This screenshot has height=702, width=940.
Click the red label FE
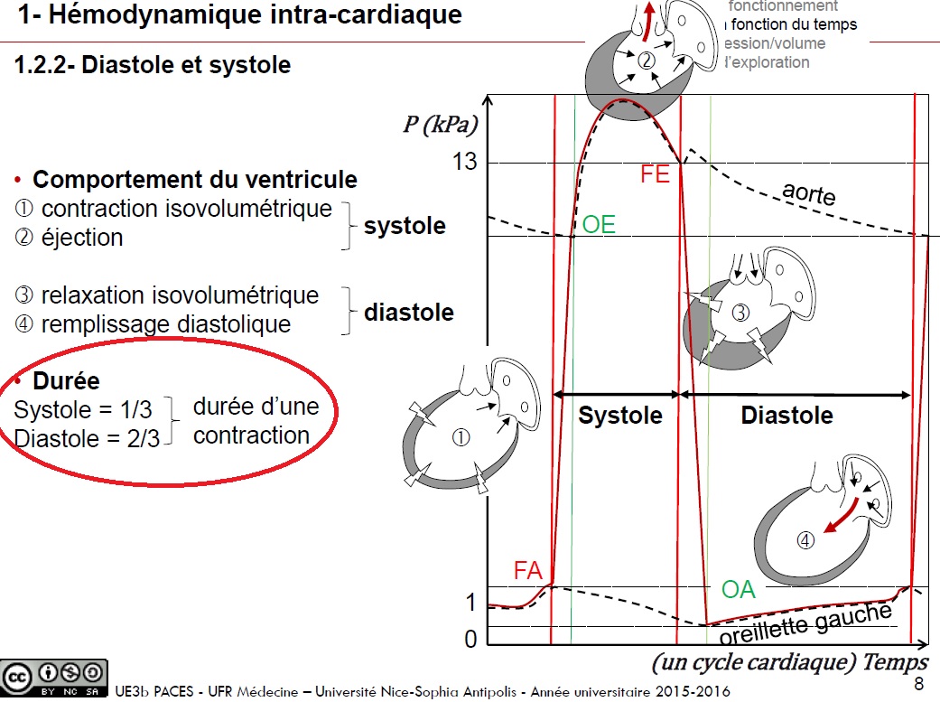click(656, 173)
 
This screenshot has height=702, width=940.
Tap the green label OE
click(599, 225)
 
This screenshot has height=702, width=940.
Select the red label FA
click(528, 570)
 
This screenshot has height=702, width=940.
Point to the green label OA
click(738, 590)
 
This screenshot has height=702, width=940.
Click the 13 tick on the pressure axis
click(464, 163)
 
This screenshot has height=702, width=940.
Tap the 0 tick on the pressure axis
click(470, 640)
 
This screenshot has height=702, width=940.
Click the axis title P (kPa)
click(440, 125)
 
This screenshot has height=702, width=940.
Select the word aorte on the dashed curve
click(809, 193)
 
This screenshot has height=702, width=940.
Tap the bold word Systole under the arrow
click(620, 416)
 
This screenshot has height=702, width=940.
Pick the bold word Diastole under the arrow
click(786, 416)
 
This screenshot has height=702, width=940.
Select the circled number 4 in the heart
click(805, 540)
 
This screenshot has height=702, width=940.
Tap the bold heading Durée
click(66, 380)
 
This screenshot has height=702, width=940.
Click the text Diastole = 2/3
click(87, 438)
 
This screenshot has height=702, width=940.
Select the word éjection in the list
click(82, 237)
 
